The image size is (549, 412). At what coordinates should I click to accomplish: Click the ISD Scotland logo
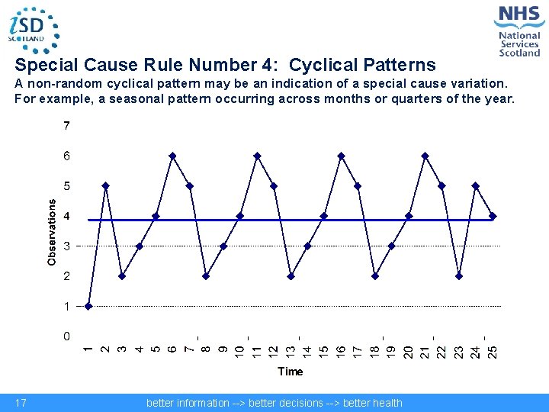(32, 29)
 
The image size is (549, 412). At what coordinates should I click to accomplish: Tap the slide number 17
(21, 403)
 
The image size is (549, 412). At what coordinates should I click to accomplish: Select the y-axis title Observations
(52, 232)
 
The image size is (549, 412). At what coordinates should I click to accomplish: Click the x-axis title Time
(290, 372)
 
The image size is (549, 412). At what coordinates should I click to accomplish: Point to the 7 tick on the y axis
(67, 126)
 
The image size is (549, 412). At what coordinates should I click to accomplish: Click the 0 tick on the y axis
(67, 336)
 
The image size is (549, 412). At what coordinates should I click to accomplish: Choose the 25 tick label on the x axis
(493, 351)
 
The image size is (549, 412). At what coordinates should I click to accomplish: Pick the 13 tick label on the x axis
(291, 351)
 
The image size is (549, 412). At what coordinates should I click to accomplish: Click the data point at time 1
(88, 307)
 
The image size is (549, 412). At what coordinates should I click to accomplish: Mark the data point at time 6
(173, 156)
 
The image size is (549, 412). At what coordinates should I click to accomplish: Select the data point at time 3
(122, 276)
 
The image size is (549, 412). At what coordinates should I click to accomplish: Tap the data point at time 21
(425, 156)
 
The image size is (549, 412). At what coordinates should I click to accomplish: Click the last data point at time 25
(493, 216)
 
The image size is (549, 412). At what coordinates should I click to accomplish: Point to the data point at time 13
(291, 276)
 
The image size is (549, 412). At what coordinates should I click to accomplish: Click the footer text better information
(188, 403)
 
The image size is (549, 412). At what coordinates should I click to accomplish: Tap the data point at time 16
(341, 156)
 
